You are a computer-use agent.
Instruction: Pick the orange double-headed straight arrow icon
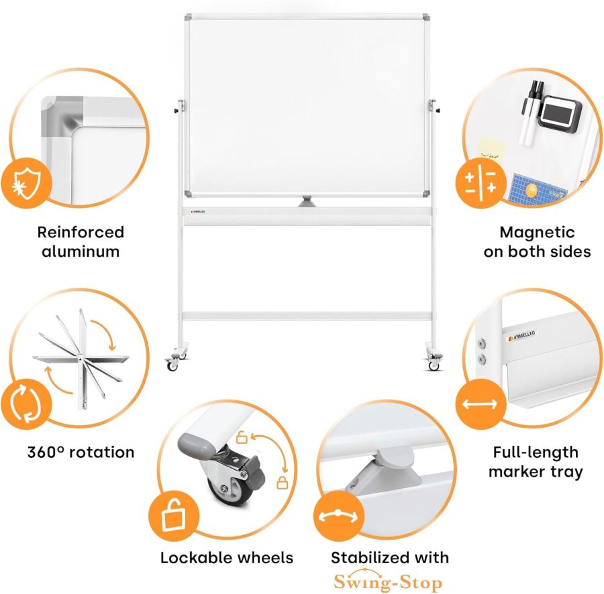[479, 404]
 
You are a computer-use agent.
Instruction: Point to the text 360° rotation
[81, 452]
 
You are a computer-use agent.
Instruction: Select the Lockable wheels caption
[226, 558]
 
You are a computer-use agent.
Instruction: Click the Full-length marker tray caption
[536, 462]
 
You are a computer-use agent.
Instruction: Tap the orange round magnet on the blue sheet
[532, 191]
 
